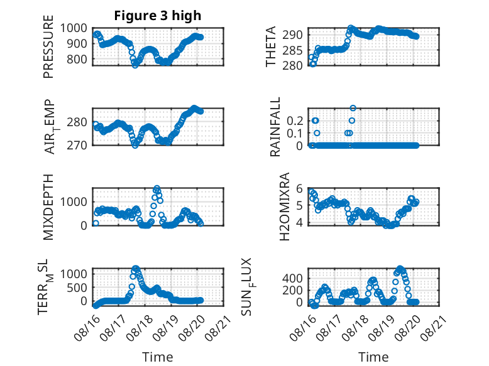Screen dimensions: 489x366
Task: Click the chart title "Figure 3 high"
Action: click(x=158, y=16)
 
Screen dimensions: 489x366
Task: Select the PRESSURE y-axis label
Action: click(x=48, y=46)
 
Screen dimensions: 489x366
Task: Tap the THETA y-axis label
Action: click(x=271, y=46)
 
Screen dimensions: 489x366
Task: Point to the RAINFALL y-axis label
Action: click(x=275, y=127)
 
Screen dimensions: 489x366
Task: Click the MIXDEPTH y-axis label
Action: click(x=48, y=207)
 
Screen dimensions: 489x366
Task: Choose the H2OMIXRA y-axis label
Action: click(x=285, y=207)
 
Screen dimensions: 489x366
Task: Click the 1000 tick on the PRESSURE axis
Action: click(x=74, y=28)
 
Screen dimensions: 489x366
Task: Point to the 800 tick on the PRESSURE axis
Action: click(x=77, y=59)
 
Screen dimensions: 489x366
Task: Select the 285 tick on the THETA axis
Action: click(x=292, y=50)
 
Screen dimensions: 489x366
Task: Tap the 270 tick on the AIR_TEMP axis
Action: click(x=77, y=145)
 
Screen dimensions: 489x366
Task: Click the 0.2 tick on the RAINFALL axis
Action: click(x=295, y=121)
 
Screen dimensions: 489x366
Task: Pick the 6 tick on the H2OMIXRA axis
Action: click(x=299, y=188)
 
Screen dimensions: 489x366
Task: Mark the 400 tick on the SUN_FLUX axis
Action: click(x=292, y=278)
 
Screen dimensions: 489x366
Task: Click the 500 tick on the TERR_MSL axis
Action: click(x=77, y=288)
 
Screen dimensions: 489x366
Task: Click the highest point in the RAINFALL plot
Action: click(x=353, y=108)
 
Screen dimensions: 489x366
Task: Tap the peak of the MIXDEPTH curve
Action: click(x=157, y=188)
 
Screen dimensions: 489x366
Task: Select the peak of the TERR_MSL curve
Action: click(x=136, y=268)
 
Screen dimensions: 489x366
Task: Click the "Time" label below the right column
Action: click(x=373, y=357)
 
